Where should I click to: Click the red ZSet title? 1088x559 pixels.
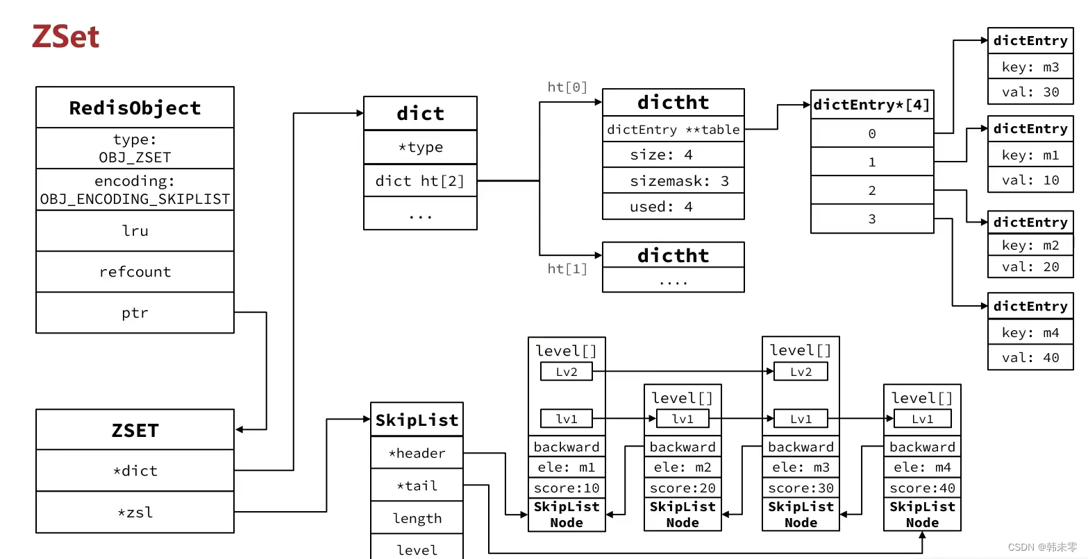[x=66, y=37]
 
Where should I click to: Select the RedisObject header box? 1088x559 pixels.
[x=135, y=108]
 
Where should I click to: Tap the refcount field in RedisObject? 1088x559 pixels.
[x=135, y=272]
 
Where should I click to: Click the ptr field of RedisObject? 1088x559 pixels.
[x=135, y=313]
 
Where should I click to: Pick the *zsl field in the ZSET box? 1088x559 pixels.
[x=135, y=513]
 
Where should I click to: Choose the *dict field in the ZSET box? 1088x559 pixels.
[x=135, y=471]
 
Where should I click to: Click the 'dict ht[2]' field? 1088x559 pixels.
[x=420, y=181]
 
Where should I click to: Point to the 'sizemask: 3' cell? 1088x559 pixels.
[x=673, y=181]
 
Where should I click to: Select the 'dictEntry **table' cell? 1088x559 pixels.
[x=673, y=130]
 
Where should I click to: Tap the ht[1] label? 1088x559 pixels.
[x=567, y=268]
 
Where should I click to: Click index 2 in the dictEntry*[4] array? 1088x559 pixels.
[x=872, y=190]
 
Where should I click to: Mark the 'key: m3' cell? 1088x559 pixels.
[x=1030, y=67]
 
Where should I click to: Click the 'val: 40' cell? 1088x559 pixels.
[x=1030, y=358]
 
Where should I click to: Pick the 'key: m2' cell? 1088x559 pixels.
[x=1030, y=246]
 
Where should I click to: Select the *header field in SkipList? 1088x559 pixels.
[x=417, y=454]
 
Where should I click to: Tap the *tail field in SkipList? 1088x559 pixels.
[x=417, y=486]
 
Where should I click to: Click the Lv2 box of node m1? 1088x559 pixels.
[x=567, y=372]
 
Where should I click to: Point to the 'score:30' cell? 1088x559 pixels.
[x=801, y=488]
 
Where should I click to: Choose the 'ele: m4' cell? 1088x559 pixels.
[x=922, y=467]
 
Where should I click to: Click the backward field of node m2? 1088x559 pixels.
[x=683, y=447]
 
